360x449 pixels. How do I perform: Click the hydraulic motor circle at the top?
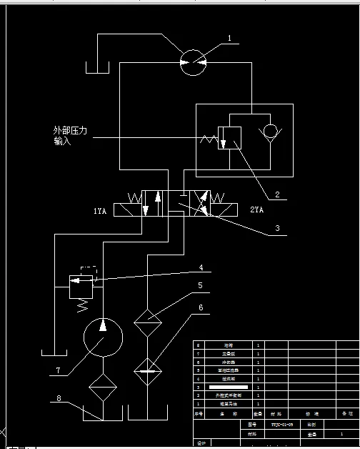coord(191,63)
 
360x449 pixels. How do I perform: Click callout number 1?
coord(229,38)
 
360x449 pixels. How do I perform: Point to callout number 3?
coord(279,230)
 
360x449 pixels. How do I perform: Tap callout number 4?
coord(201,268)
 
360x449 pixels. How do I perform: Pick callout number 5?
coord(201,286)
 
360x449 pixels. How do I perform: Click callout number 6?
coord(201,307)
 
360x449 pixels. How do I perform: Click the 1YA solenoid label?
coord(101,212)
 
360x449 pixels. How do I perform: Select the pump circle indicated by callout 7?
coord(103,337)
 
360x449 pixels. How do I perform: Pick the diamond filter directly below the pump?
coord(103,389)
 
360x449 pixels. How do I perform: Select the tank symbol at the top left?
coord(96,67)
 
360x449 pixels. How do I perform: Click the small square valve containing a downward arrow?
coord(230,137)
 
